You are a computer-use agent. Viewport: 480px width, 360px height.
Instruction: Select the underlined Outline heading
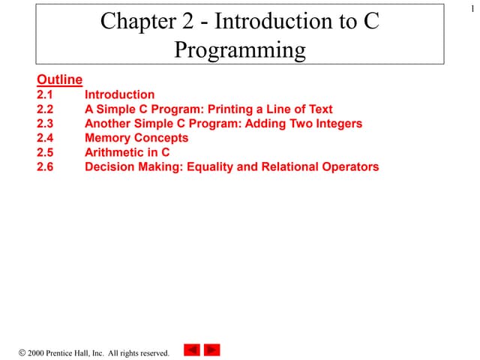pyautogui.click(x=59, y=79)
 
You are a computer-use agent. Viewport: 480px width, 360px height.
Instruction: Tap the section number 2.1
pyautogui.click(x=45, y=94)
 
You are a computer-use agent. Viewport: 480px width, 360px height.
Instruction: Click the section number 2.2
pyautogui.click(x=45, y=109)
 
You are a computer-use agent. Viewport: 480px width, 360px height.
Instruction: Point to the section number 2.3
pyautogui.click(x=45, y=123)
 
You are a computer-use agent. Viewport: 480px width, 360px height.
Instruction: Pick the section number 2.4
pyautogui.click(x=45, y=138)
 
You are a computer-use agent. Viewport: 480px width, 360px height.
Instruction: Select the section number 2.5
pyautogui.click(x=45, y=152)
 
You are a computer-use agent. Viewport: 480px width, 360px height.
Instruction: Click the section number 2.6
pyautogui.click(x=45, y=166)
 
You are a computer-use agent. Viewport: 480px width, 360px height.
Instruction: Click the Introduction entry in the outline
pyautogui.click(x=119, y=94)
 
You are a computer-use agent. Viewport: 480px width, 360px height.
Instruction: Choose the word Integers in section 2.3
pyautogui.click(x=334, y=123)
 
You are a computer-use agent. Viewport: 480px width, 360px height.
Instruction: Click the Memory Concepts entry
pyautogui.click(x=136, y=138)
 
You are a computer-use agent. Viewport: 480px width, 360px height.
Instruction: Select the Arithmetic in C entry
pyautogui.click(x=127, y=152)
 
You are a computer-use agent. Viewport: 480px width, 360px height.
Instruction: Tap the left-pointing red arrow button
pyautogui.click(x=192, y=349)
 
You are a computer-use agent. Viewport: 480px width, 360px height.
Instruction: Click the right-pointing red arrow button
pyautogui.click(x=212, y=349)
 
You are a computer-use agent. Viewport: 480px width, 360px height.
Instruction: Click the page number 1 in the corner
pyautogui.click(x=472, y=7)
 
